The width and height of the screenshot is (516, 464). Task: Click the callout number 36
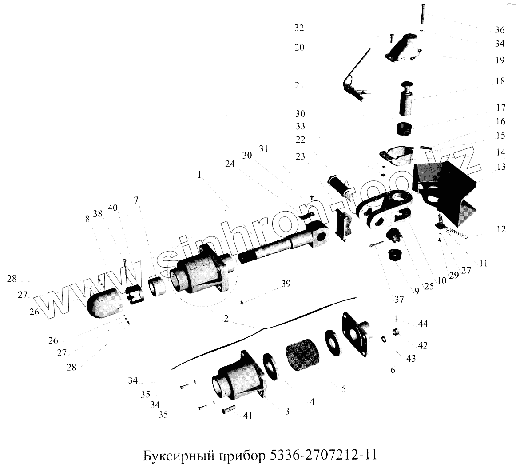pos(500,30)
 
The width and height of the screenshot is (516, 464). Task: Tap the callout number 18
pos(500,81)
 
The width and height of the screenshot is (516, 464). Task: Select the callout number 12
pos(501,229)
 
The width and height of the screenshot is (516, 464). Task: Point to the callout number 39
pos(286,283)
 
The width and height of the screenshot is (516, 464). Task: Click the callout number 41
pos(247,416)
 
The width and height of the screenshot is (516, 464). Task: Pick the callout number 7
pos(136,200)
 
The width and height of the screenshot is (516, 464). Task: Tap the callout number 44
pos(423,324)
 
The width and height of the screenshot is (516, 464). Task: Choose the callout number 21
pos(299,85)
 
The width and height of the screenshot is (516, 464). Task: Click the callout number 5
pos(344,389)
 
